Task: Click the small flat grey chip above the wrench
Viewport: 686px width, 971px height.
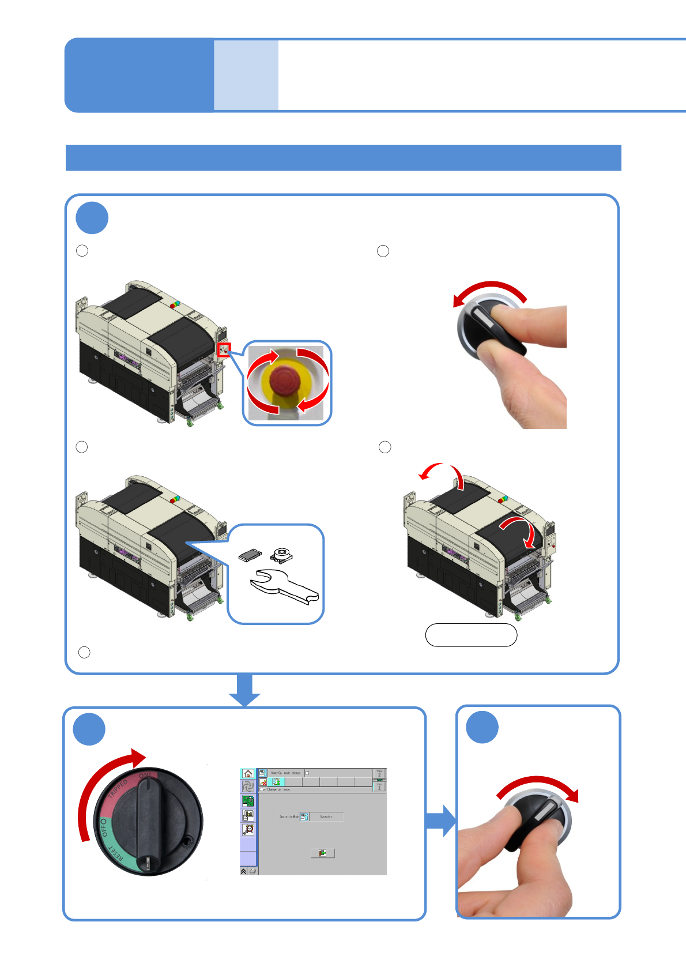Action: click(250, 555)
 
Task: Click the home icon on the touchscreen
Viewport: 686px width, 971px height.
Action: click(248, 774)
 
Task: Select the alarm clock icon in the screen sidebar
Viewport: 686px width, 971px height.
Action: click(248, 830)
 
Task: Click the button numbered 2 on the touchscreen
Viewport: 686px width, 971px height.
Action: click(379, 773)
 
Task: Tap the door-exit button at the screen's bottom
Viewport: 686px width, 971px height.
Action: click(322, 853)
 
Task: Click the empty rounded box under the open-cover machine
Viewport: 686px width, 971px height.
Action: click(471, 635)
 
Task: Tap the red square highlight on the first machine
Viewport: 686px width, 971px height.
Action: click(224, 349)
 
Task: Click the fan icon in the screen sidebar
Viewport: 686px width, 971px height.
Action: click(248, 786)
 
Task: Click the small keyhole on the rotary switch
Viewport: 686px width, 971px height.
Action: click(187, 841)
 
